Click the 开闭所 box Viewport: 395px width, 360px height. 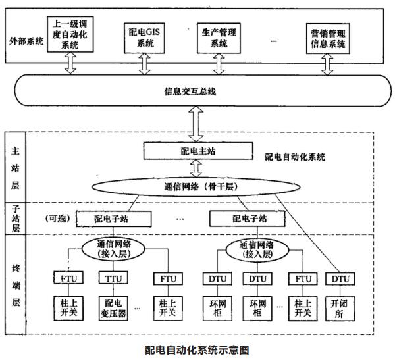tap(340, 307)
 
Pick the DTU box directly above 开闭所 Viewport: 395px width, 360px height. tap(340, 280)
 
